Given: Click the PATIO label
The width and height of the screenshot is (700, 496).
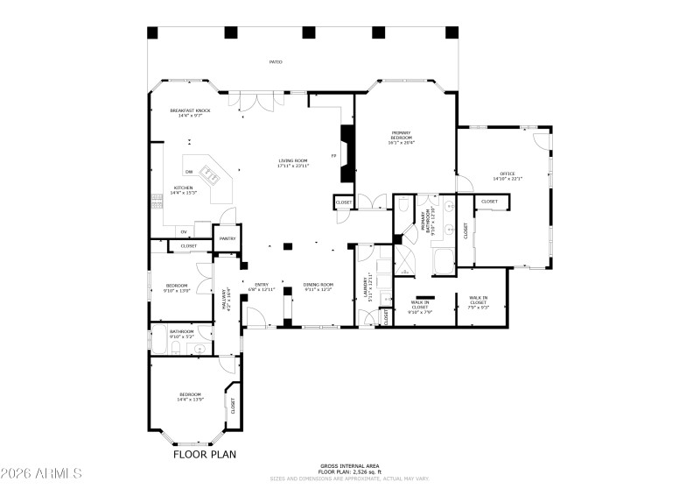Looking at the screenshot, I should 299,62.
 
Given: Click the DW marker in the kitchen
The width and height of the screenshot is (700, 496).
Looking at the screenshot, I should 188,172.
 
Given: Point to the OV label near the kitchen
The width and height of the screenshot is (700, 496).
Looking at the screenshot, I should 184,232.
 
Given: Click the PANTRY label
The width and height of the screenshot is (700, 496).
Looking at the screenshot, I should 227,238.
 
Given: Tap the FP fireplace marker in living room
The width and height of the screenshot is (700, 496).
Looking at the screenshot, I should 333,156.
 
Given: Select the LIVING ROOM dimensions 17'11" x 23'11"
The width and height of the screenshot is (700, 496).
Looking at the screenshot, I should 293,166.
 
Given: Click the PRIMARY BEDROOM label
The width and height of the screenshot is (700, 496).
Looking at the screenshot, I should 401,138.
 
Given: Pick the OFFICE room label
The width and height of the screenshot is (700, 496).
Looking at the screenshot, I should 507,175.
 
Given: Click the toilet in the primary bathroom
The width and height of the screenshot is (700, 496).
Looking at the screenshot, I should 402,205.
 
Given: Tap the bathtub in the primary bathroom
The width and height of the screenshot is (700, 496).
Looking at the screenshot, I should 443,262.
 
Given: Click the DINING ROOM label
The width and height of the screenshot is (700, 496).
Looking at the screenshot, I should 318,286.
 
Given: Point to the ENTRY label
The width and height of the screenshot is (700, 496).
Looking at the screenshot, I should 262,286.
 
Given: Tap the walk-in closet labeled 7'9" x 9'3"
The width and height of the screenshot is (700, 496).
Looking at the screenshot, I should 478,302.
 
